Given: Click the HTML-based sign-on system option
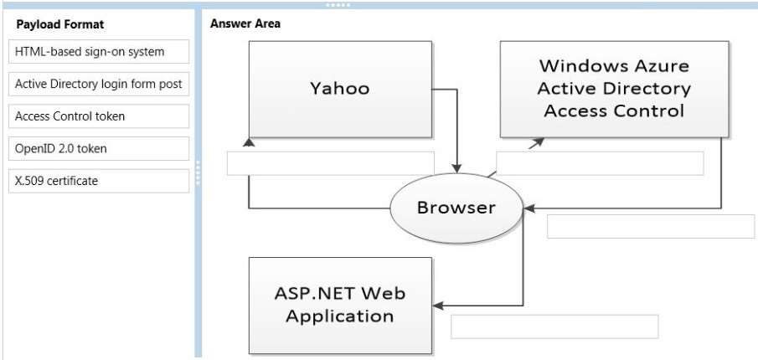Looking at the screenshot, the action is (x=99, y=52).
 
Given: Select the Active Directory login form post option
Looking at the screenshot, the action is (x=99, y=84).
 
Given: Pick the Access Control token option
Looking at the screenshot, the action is (x=99, y=116).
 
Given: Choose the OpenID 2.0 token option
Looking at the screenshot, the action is (x=99, y=149).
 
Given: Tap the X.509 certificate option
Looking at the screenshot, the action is (x=99, y=181).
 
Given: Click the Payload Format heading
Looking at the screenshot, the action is (x=60, y=24).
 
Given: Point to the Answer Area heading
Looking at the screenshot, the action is (x=245, y=23).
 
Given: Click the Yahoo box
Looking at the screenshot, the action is (x=340, y=90).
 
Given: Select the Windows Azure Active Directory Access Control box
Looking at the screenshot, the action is (x=615, y=89).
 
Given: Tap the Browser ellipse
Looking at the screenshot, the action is (x=456, y=208).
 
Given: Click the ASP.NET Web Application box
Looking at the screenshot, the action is (x=340, y=306).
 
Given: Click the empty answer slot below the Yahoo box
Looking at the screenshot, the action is (x=331, y=163).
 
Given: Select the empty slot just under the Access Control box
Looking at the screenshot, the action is (x=600, y=163).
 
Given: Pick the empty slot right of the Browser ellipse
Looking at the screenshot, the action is (x=651, y=227).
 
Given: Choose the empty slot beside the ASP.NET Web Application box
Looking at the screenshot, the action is (x=554, y=327).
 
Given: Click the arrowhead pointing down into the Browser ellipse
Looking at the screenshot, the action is (x=456, y=168).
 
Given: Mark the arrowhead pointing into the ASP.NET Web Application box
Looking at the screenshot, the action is (x=438, y=306).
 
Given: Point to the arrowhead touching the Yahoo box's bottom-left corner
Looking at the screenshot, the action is (x=249, y=142).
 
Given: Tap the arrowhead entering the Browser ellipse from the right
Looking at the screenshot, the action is (x=529, y=208).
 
